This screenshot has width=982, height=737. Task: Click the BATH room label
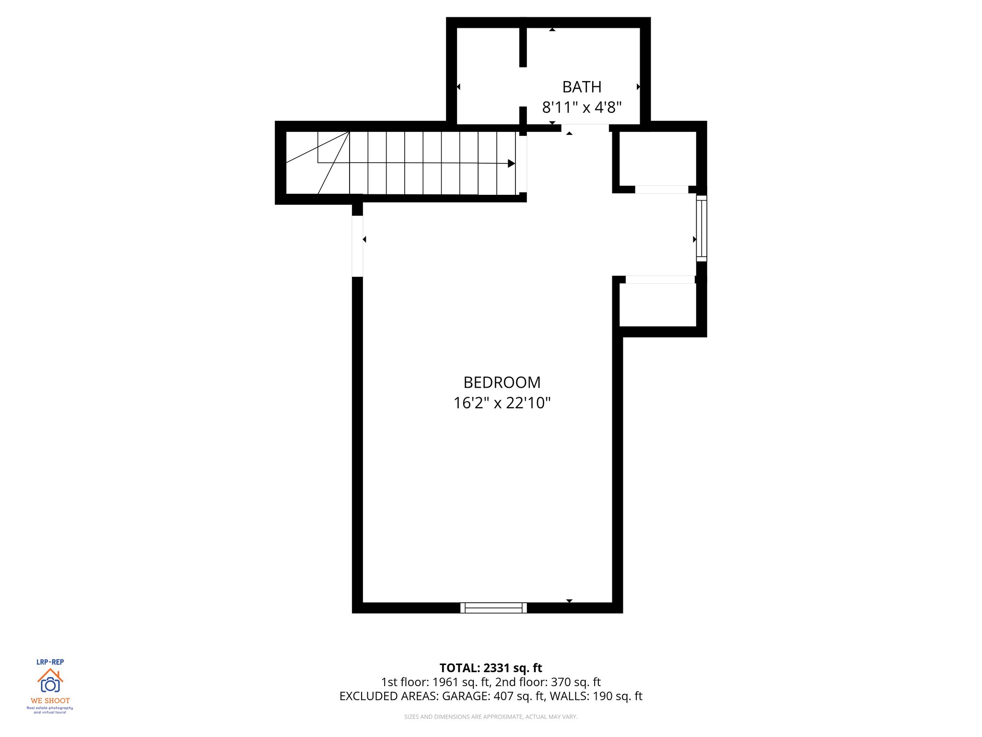(x=582, y=87)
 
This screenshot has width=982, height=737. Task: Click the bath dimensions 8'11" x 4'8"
(x=582, y=107)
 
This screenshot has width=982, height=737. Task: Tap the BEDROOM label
(x=502, y=382)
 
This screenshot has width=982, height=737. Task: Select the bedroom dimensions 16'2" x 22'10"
(x=502, y=403)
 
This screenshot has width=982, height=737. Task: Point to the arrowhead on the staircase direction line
(x=511, y=164)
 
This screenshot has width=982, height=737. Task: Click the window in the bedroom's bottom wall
(x=493, y=607)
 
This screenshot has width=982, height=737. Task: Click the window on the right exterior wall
(x=701, y=228)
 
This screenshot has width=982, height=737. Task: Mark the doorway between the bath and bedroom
(x=585, y=128)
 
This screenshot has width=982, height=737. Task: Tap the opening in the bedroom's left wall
(x=357, y=246)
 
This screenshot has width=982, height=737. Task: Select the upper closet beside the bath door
(x=657, y=158)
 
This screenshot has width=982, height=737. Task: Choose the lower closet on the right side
(x=657, y=305)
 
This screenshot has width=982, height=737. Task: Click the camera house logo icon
(x=50, y=681)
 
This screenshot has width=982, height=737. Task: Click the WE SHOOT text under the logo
(x=50, y=701)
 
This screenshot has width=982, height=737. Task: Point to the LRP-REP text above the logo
(x=50, y=662)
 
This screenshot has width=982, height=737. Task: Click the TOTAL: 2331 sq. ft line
(x=491, y=668)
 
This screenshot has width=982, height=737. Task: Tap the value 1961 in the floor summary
(x=445, y=682)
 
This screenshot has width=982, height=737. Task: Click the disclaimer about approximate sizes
(x=491, y=717)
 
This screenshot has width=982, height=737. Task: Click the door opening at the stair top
(x=523, y=164)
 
